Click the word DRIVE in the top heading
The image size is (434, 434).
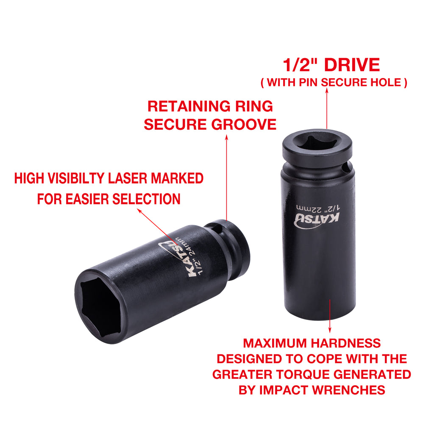pos(352,65)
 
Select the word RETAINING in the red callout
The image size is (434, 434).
pos(189,106)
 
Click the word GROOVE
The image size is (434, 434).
pos(244,124)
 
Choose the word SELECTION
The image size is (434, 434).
pos(146,199)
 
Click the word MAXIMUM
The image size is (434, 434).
pos(268,343)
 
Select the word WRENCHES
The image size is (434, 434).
pos(348,390)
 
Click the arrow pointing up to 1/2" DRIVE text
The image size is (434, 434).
pos(327,108)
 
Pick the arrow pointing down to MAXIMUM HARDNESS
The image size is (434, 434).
pos(330,316)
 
